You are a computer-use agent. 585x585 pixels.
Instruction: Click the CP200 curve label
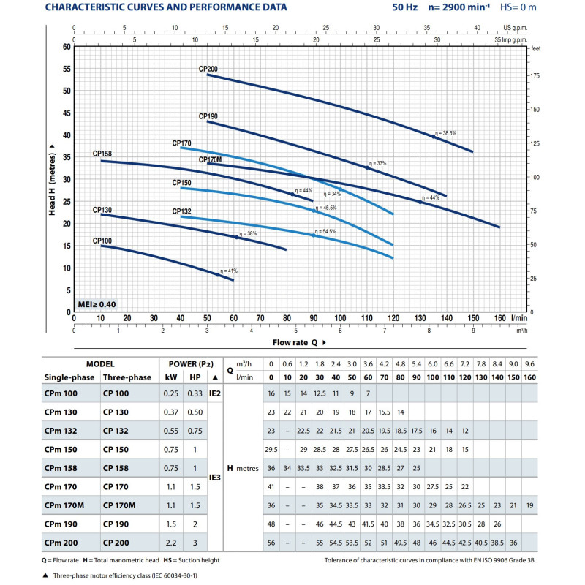[x=208, y=69]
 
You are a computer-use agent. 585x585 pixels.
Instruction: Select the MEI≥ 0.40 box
[x=97, y=303]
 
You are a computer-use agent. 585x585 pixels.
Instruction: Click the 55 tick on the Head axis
[x=66, y=69]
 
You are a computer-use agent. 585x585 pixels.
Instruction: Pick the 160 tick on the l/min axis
[x=499, y=318]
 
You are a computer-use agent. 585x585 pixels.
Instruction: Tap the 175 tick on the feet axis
[x=535, y=76]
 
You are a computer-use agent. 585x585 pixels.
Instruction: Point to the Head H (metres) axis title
[x=52, y=179]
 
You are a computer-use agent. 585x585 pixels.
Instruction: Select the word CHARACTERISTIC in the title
[x=88, y=8]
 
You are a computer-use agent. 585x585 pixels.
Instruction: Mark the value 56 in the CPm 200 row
[x=271, y=542]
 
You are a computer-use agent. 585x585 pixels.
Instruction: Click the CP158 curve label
[x=102, y=154]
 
